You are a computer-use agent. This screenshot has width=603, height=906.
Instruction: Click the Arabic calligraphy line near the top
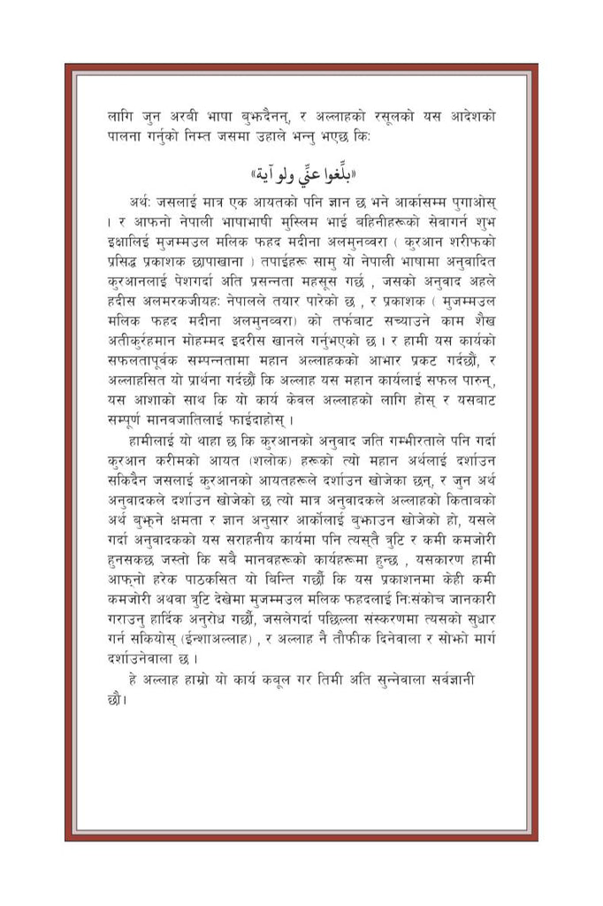(x=301, y=171)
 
